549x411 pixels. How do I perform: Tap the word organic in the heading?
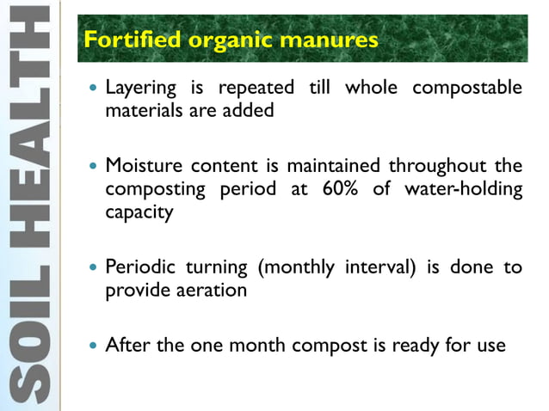[x=219, y=40]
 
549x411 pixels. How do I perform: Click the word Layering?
[x=140, y=89]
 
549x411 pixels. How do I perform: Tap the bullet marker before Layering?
[x=92, y=89]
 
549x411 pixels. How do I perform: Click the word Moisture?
[x=140, y=165]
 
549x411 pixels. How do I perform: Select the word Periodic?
[x=138, y=267]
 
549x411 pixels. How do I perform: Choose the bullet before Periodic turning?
[x=92, y=267]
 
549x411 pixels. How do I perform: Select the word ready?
[x=417, y=346]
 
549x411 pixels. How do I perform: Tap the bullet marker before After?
[x=92, y=347]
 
